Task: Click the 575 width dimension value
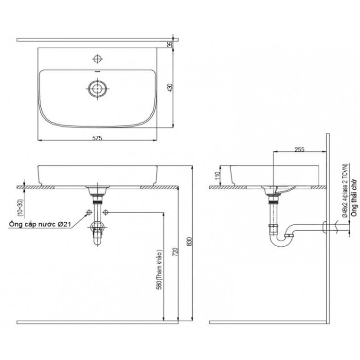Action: coord(97,139)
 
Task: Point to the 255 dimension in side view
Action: coord(299,149)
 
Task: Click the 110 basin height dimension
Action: coord(218,176)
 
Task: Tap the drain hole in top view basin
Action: coord(97,88)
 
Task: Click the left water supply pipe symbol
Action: coord(89,213)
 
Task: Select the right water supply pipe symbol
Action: coord(106,213)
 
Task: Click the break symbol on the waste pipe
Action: coord(336,226)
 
